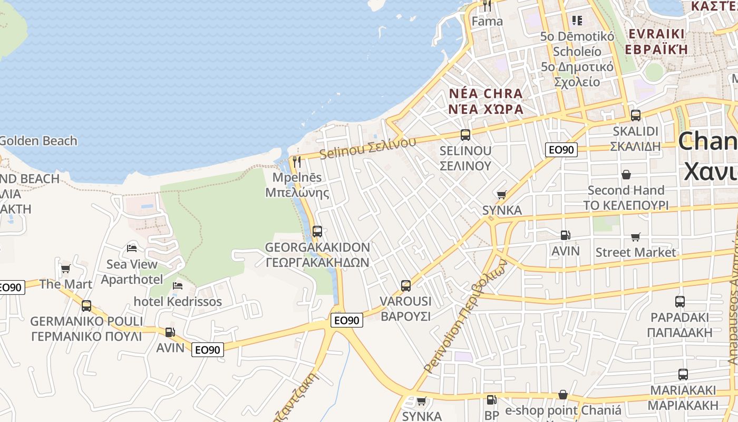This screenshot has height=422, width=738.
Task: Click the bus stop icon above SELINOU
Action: pos(465,135)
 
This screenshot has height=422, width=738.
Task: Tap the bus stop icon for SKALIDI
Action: pos(636,115)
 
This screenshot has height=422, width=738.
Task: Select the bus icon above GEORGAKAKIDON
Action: pos(317,231)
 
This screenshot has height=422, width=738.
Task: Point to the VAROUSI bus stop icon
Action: pos(406,286)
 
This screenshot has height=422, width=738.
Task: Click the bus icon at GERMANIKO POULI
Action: pos(86,305)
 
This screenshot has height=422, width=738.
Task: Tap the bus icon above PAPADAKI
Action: pos(680,302)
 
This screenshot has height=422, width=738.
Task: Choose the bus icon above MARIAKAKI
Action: pos(683,375)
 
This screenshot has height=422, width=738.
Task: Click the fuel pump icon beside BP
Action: pos(491,400)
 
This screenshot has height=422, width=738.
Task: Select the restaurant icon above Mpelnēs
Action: pos(297,161)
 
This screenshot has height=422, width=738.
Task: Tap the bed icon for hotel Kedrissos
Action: pos(178,286)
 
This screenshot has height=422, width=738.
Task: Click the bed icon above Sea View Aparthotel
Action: pos(132,248)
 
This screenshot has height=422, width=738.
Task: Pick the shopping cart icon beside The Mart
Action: pos(66,269)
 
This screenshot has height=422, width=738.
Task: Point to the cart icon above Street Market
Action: pos(636,237)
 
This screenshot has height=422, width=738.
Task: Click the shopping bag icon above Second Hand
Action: pos(626,174)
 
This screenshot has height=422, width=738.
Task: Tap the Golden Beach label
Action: pos(38,141)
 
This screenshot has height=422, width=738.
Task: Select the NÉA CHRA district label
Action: pos(486,94)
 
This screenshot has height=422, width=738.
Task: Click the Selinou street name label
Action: pos(367,148)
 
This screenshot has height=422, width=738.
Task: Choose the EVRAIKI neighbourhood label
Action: pos(656,34)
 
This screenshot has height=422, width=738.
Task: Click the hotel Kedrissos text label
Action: pos(178,302)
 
